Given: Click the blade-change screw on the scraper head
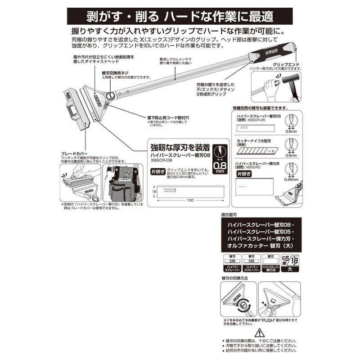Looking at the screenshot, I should pyautogui.click(x=109, y=95).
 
